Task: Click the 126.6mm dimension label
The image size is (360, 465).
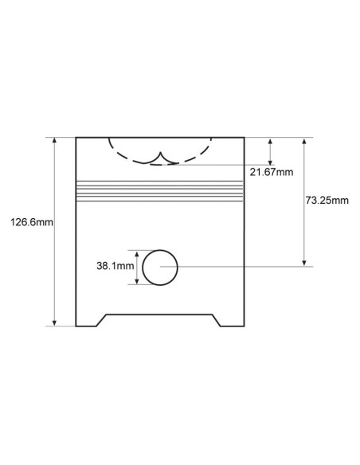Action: point(32,222)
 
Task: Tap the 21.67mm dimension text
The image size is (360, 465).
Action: point(272,172)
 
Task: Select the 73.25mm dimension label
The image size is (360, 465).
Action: point(327,201)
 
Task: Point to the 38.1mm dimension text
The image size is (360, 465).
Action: point(115,266)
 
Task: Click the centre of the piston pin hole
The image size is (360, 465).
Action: point(160,268)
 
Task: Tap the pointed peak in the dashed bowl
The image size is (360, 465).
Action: point(161,152)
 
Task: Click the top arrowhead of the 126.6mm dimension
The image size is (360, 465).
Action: point(54,140)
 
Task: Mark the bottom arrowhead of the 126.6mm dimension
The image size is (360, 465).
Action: point(54,323)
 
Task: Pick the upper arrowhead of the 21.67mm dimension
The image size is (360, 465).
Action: point(270,141)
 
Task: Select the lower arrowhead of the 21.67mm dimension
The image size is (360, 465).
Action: point(270,162)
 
